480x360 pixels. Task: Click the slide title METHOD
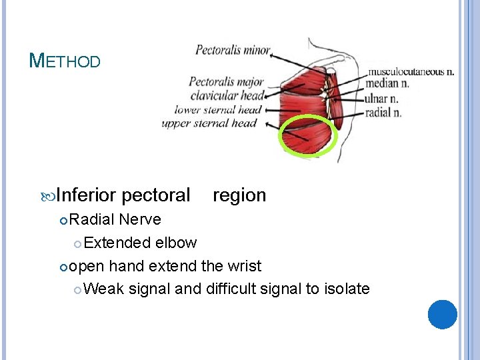pyautogui.click(x=65, y=61)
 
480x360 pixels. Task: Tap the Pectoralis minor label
pyautogui.click(x=233, y=50)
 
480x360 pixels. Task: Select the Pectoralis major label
pyautogui.click(x=227, y=82)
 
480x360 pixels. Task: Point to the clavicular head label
pyautogui.click(x=226, y=96)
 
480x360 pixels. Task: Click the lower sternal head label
pyautogui.click(x=217, y=109)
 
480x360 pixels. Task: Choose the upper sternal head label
pyautogui.click(x=209, y=123)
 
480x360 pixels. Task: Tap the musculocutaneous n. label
pyautogui.click(x=411, y=71)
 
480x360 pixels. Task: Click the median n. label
pyautogui.click(x=387, y=84)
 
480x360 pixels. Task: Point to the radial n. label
pyautogui.click(x=383, y=112)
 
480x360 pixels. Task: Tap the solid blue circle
pyautogui.click(x=443, y=314)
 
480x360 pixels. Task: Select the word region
pyautogui.click(x=239, y=195)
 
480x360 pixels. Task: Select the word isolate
pyautogui.click(x=347, y=289)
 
